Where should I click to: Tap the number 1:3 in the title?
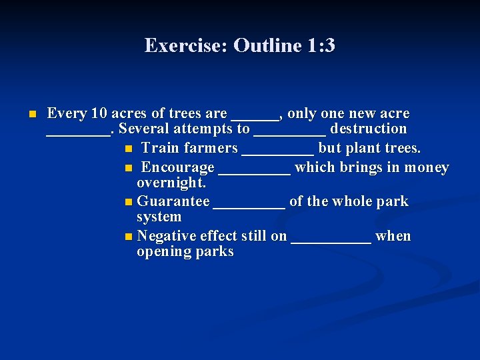(321, 46)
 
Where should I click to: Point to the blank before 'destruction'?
(290, 133)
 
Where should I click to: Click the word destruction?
(369, 129)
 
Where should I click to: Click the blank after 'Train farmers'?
(277, 152)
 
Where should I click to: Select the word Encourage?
(178, 168)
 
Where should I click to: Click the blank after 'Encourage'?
(254, 171)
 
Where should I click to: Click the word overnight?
(171, 183)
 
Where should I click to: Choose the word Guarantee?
(173, 202)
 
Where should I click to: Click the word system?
(159, 217)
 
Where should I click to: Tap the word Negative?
(166, 236)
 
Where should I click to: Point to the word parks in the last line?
(214, 251)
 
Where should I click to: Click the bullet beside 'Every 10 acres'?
(31, 115)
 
